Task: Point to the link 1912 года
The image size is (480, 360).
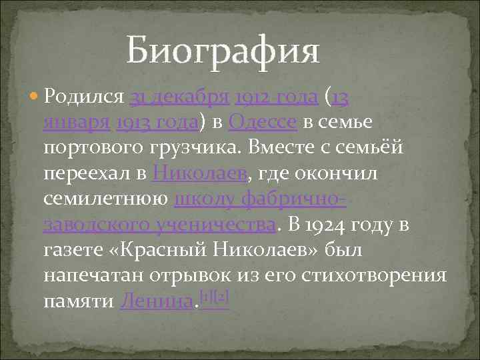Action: pyautogui.click(x=275, y=98)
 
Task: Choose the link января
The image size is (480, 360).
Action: pyautogui.click(x=76, y=123)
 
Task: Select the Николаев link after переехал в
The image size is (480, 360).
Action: pyautogui.click(x=199, y=174)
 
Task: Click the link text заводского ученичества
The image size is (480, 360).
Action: pyautogui.click(x=159, y=225)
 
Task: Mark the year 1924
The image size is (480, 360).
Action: pyautogui.click(x=326, y=225)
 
